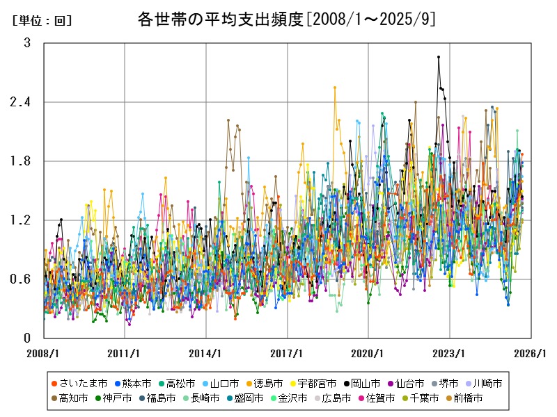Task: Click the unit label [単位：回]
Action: pos(42,21)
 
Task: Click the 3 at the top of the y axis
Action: pos(27,43)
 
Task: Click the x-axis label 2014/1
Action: pos(206,353)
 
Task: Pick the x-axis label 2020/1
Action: pos(369,353)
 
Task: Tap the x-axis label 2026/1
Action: pos(531,353)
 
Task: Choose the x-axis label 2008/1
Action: pos(44,353)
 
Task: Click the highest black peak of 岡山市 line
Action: pos(439,57)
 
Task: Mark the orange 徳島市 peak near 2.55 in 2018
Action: pos(335,88)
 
